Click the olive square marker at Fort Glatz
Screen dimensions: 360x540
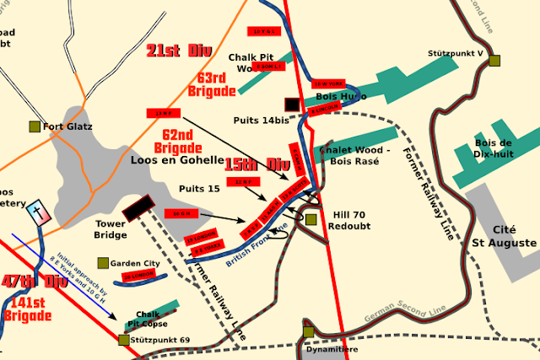pyautogui.click(x=35, y=126)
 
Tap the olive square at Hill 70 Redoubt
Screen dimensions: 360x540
pyautogui.click(x=310, y=220)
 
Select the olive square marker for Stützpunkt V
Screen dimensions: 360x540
pyautogui.click(x=494, y=60)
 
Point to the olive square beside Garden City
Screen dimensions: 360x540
pyautogui.click(x=103, y=263)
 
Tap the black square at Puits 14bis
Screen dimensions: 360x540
pyautogui.click(x=292, y=104)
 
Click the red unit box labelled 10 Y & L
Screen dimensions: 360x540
pyautogui.click(x=266, y=32)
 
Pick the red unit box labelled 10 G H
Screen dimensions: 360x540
pyautogui.click(x=181, y=214)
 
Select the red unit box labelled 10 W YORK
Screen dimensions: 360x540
pyautogui.click(x=327, y=84)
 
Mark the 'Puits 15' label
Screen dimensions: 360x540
pyautogui.click(x=201, y=188)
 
